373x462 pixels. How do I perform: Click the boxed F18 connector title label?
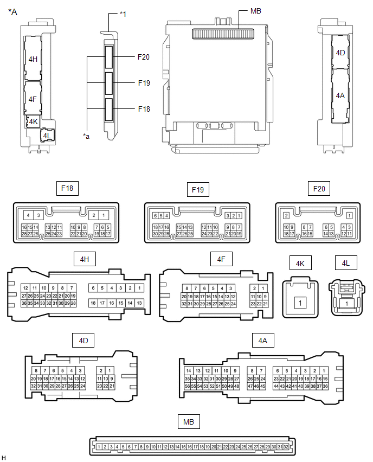pyautogui.click(x=67, y=188)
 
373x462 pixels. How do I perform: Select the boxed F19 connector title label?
pyautogui.click(x=198, y=189)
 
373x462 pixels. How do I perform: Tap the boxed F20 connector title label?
pyautogui.click(x=319, y=189)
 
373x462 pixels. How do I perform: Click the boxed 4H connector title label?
pyautogui.click(x=85, y=259)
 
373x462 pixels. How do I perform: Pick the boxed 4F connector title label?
pyautogui.click(x=221, y=259)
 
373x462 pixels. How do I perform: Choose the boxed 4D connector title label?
pyautogui.click(x=83, y=341)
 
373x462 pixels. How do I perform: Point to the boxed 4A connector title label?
pyautogui.click(x=263, y=341)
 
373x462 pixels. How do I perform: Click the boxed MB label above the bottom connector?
pyautogui.click(x=189, y=422)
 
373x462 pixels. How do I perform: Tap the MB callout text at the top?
pyautogui.click(x=255, y=11)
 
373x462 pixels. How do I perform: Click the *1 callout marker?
pyautogui.click(x=123, y=14)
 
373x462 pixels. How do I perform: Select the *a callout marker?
pyautogui.click(x=86, y=136)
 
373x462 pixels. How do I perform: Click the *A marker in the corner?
pyautogui.click(x=12, y=12)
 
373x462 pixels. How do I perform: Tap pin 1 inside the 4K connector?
pyautogui.click(x=300, y=303)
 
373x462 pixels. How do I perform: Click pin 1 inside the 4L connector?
pyautogui.click(x=347, y=304)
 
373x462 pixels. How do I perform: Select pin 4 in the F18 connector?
pyautogui.click(x=28, y=215)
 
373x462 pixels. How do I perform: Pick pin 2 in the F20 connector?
pyautogui.click(x=286, y=216)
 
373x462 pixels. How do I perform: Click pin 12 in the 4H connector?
pyautogui.click(x=25, y=288)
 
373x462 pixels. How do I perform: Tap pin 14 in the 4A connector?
pyautogui.click(x=189, y=371)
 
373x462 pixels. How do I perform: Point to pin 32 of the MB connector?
pyautogui.click(x=286, y=447)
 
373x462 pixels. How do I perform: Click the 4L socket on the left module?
pyautogui.click(x=47, y=136)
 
